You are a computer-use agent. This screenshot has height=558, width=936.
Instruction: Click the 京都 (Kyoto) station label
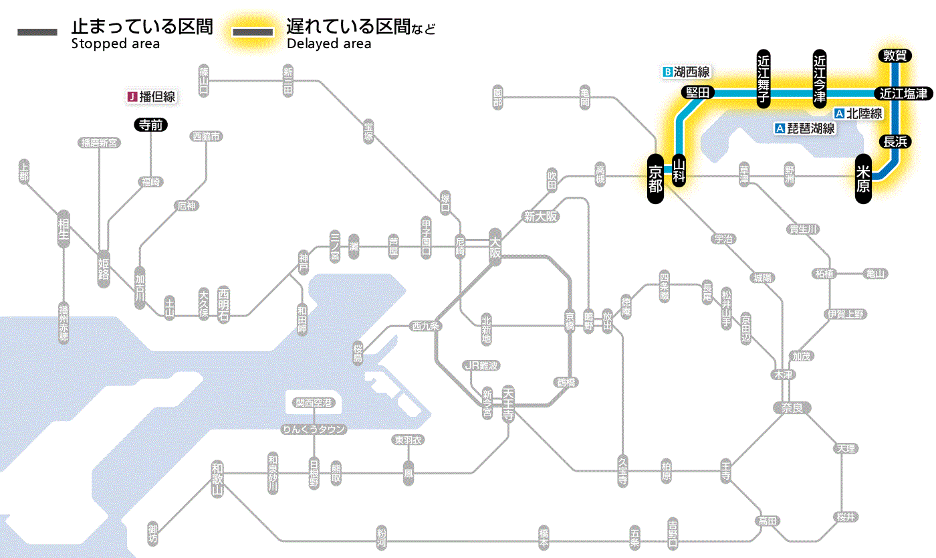tap(656, 176)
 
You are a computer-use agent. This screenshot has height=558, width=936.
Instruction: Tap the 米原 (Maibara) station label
tap(864, 178)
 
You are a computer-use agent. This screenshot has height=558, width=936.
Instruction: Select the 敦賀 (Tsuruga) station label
tap(894, 56)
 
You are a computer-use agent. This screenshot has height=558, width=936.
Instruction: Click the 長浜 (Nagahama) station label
tap(894, 141)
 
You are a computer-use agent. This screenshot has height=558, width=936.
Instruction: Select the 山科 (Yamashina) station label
tap(679, 171)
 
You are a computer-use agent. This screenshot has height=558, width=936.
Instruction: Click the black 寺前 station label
tap(151, 124)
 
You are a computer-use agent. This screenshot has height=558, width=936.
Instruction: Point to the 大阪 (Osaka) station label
tap(495, 248)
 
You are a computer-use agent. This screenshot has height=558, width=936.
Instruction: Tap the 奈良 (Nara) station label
tap(792, 407)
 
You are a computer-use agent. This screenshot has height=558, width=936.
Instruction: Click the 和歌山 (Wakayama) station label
tap(217, 479)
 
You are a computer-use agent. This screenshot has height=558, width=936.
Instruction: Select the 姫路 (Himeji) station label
tap(104, 266)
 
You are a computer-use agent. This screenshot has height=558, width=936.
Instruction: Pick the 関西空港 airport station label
tap(314, 403)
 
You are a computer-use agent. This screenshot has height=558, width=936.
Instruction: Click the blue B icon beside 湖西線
tap(667, 72)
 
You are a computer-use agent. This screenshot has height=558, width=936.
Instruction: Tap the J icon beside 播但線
tap(132, 97)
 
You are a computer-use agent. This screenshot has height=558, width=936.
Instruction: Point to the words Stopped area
tap(115, 44)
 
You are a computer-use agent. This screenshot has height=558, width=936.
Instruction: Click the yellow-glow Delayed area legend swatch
tap(252, 32)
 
